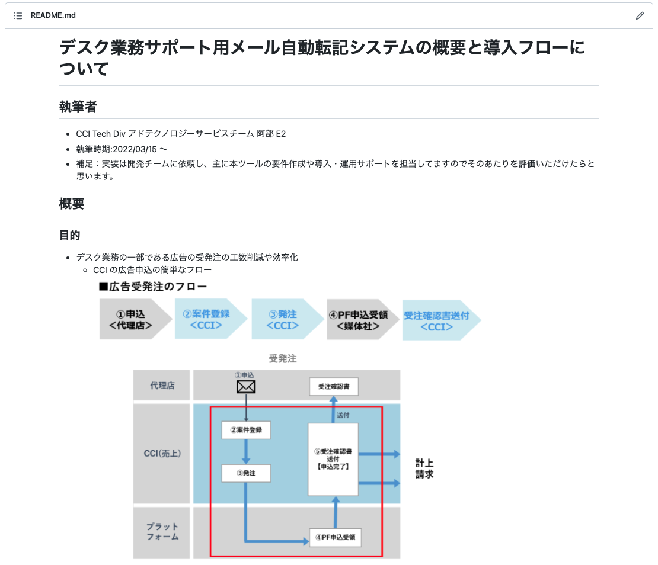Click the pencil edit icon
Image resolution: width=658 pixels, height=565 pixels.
coord(640,16)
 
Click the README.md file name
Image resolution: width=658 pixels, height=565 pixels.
coord(53,15)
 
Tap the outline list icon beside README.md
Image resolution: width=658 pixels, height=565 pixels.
coord(18,15)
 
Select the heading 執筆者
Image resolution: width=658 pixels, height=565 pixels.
coord(78,107)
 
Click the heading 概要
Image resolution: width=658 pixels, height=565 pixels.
coord(72,204)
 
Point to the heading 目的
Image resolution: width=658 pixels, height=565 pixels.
coord(70,235)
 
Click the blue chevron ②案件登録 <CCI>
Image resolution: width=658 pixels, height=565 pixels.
coord(207,319)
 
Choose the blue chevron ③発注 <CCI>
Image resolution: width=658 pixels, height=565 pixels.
coord(282,319)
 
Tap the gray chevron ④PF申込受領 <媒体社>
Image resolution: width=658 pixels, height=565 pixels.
coord(359,319)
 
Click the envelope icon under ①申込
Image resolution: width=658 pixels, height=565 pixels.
coord(246,387)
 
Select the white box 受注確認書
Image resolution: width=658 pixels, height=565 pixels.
coord(334,387)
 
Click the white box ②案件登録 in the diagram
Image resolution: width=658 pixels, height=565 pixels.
coord(246,430)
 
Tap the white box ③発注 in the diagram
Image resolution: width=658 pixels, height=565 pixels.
coord(246,473)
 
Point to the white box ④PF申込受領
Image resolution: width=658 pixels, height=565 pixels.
coord(336,538)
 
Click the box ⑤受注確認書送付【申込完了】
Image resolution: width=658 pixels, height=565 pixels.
coord(333,459)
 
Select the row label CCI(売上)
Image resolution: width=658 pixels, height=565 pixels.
coord(162,454)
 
